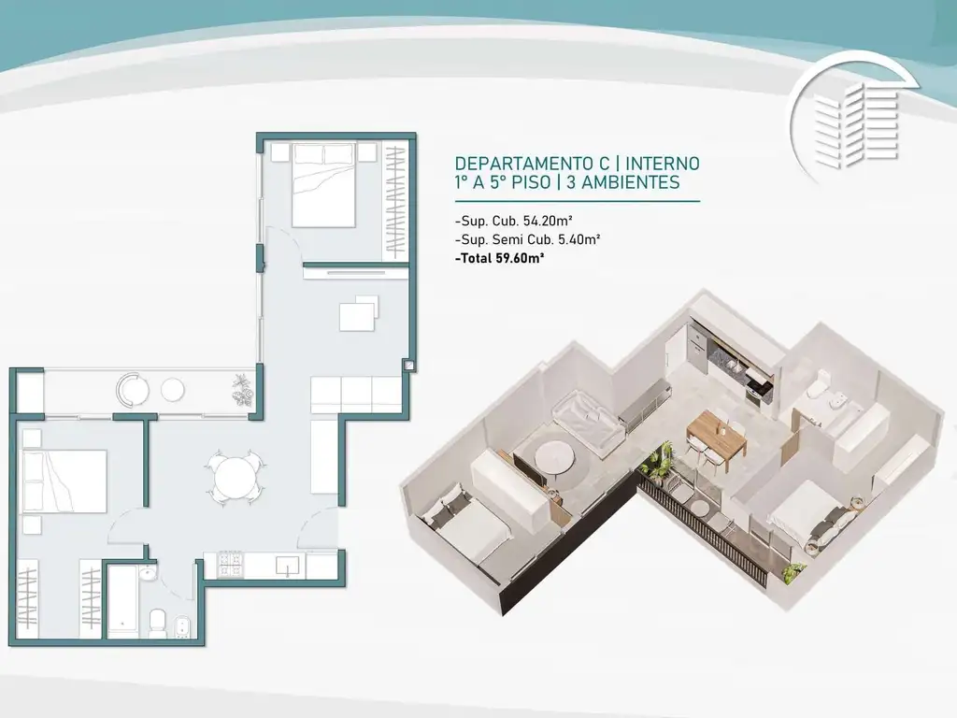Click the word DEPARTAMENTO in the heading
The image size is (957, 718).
click(524, 164)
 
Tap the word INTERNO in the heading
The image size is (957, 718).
click(663, 164)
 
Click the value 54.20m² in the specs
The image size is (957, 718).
click(548, 221)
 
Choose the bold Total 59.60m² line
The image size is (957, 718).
click(500, 258)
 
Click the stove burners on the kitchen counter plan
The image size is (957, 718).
click(230, 564)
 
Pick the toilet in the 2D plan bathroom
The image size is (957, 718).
click(157, 622)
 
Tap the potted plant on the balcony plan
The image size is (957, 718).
click(242, 390)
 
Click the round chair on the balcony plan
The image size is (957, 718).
click(133, 390)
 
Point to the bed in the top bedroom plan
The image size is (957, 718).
click(323, 185)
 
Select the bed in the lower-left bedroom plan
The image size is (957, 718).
click(64, 481)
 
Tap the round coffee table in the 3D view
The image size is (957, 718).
click(552, 455)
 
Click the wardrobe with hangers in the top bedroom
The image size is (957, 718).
click(395, 201)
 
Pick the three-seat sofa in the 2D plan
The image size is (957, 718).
click(356, 395)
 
